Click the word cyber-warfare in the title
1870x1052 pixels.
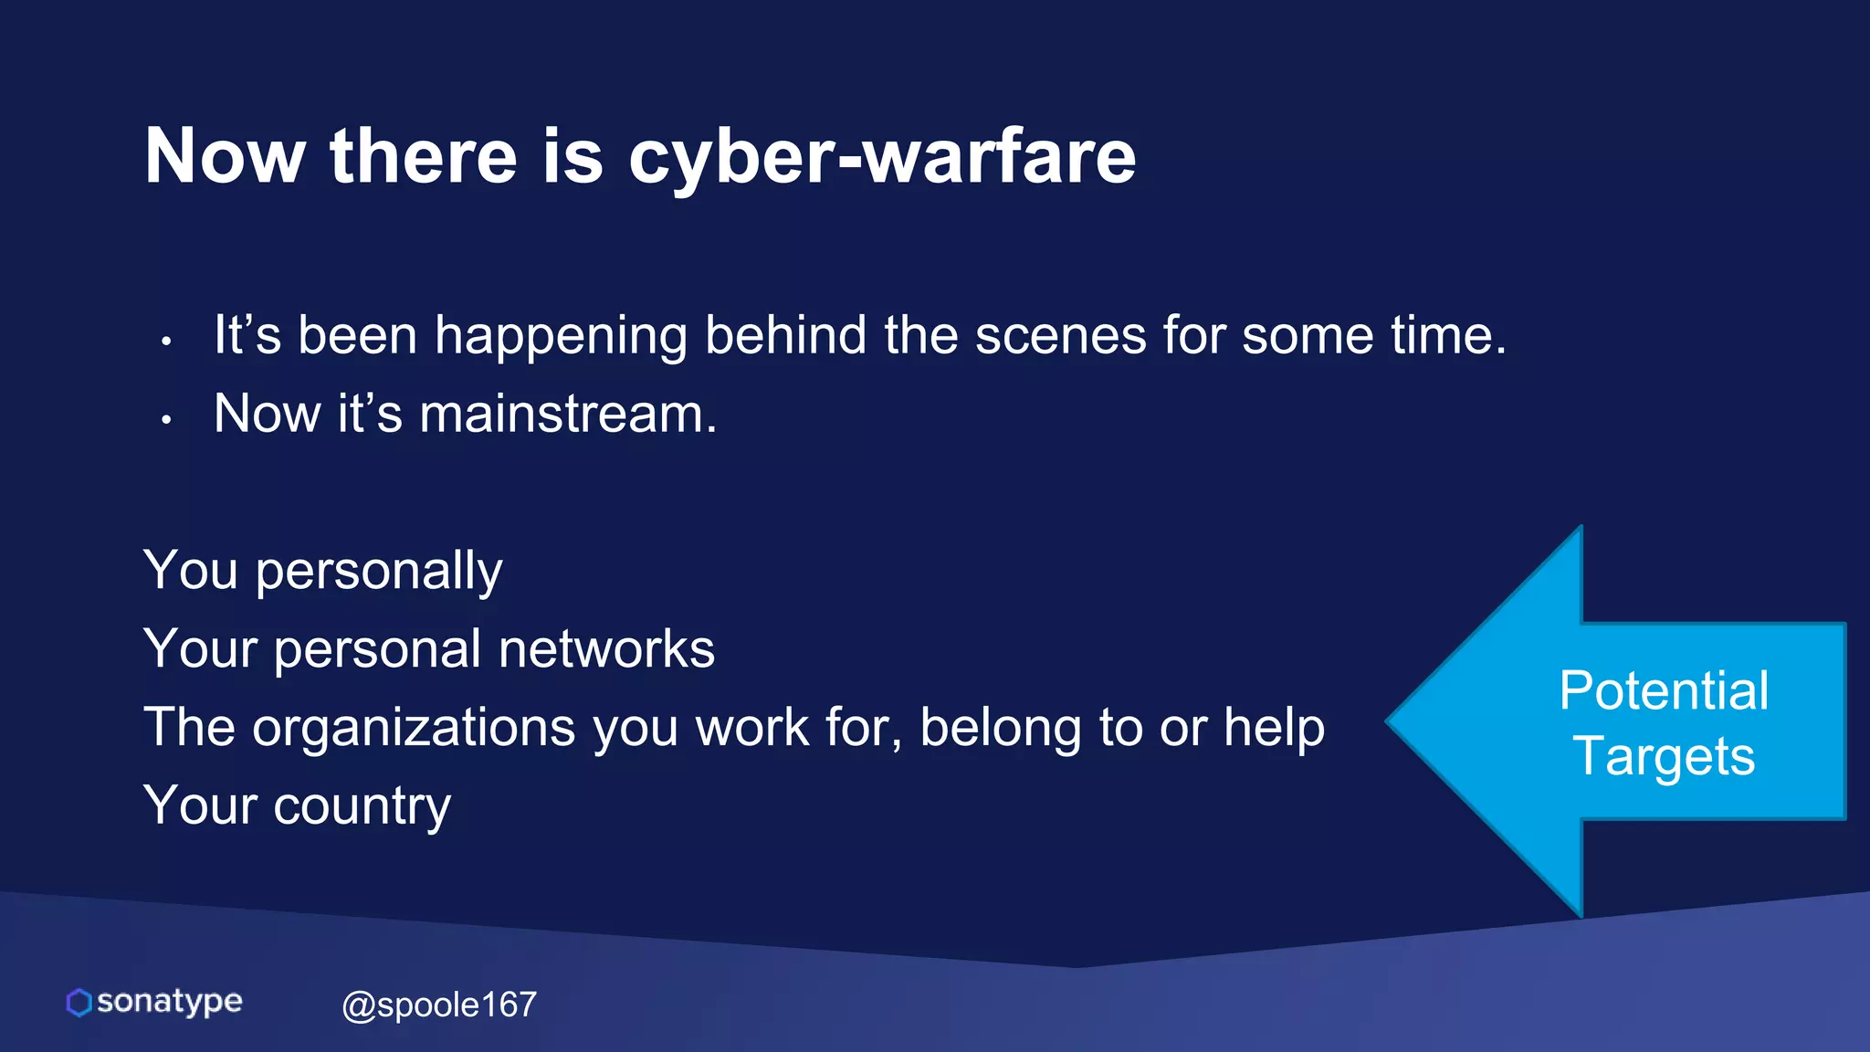point(882,157)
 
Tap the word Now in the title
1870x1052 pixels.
point(225,157)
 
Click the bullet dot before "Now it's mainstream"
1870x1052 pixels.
point(166,420)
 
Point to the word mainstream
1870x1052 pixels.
point(568,414)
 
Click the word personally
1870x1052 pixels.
point(379,573)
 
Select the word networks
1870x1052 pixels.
point(606,649)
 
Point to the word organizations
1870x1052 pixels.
point(414,728)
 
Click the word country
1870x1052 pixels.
point(362,806)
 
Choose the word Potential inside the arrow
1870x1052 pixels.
point(1664,690)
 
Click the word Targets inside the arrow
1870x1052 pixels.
point(1664,757)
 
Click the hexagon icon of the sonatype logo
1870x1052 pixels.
point(79,1003)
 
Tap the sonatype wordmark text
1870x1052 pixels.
point(170,1002)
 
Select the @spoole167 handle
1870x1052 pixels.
point(439,1005)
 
